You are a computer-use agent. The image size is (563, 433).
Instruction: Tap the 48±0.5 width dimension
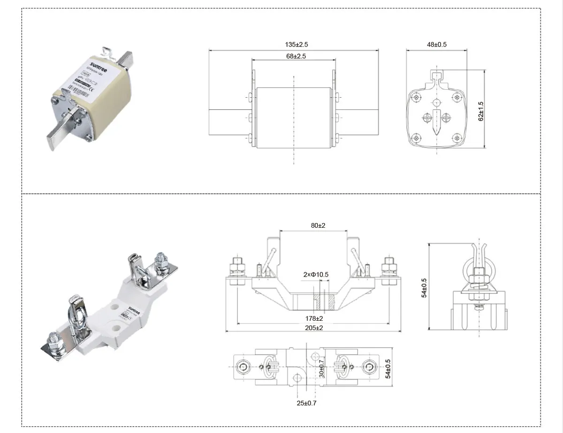(x=436, y=45)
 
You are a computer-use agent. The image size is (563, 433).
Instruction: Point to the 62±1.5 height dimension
(x=481, y=111)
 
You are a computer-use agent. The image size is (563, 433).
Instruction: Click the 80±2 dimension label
(x=318, y=225)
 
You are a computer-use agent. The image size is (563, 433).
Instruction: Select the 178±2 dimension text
(x=314, y=318)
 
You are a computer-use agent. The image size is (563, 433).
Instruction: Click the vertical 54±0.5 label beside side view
(x=424, y=288)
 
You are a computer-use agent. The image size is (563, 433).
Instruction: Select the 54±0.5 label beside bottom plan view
(x=387, y=369)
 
